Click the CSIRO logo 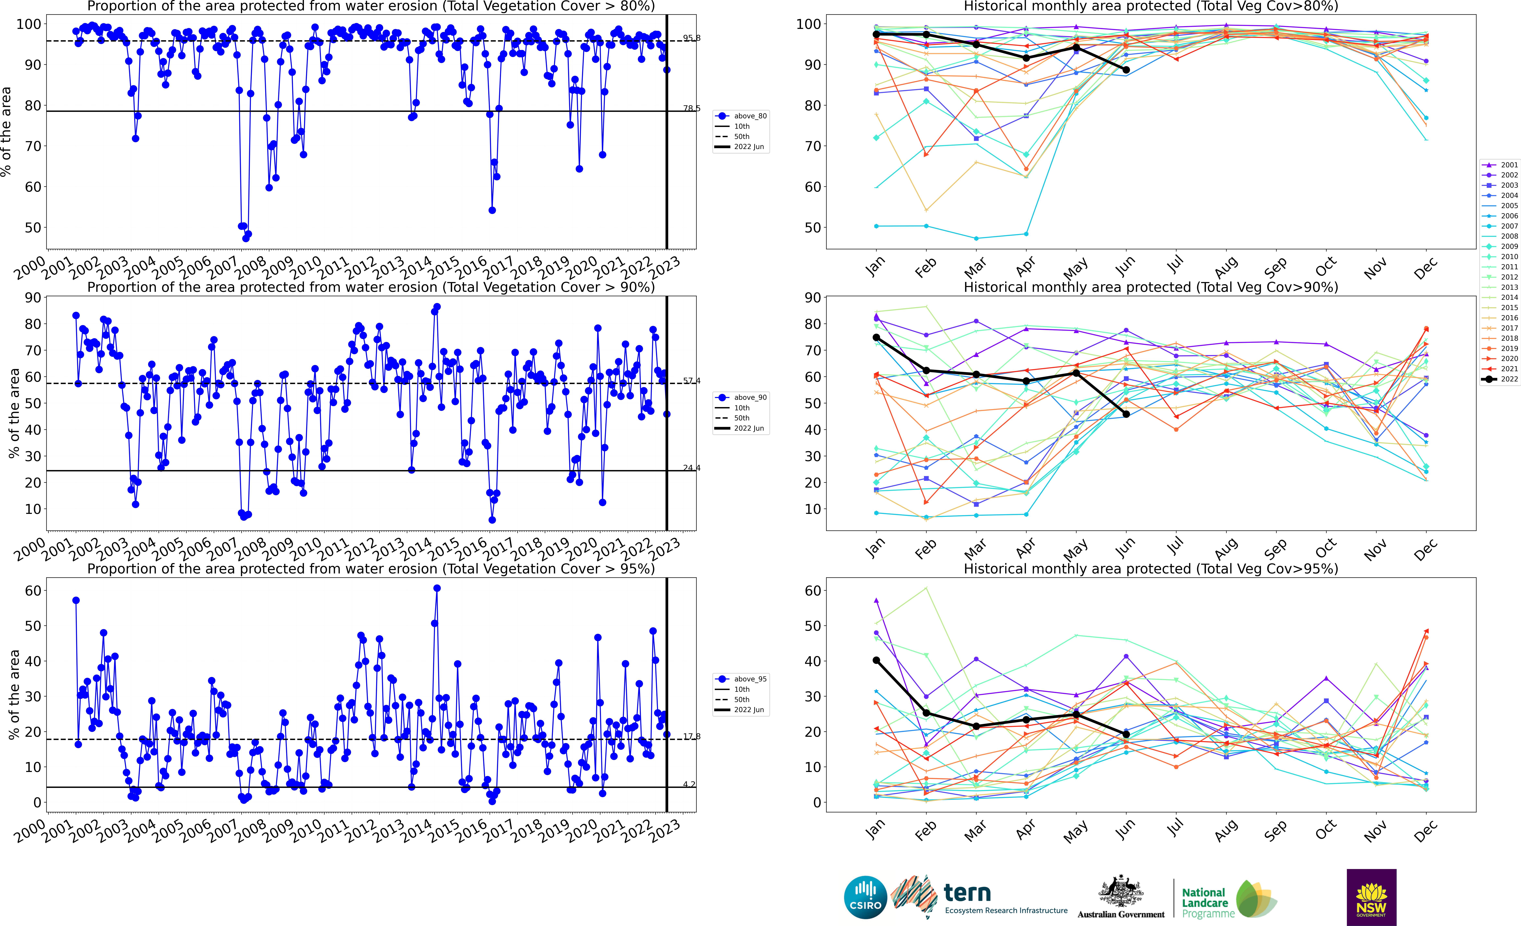click(x=865, y=897)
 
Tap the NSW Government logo click(x=1371, y=897)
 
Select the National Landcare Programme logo click(x=1228, y=901)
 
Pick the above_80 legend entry click(x=749, y=116)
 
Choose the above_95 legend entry click(x=749, y=679)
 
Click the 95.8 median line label click(x=691, y=38)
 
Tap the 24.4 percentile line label click(x=691, y=468)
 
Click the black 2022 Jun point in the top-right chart click(x=1126, y=70)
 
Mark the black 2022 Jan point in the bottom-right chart click(x=876, y=661)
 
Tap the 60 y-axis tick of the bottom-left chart click(x=33, y=591)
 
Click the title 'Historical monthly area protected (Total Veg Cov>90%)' click(x=1151, y=287)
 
